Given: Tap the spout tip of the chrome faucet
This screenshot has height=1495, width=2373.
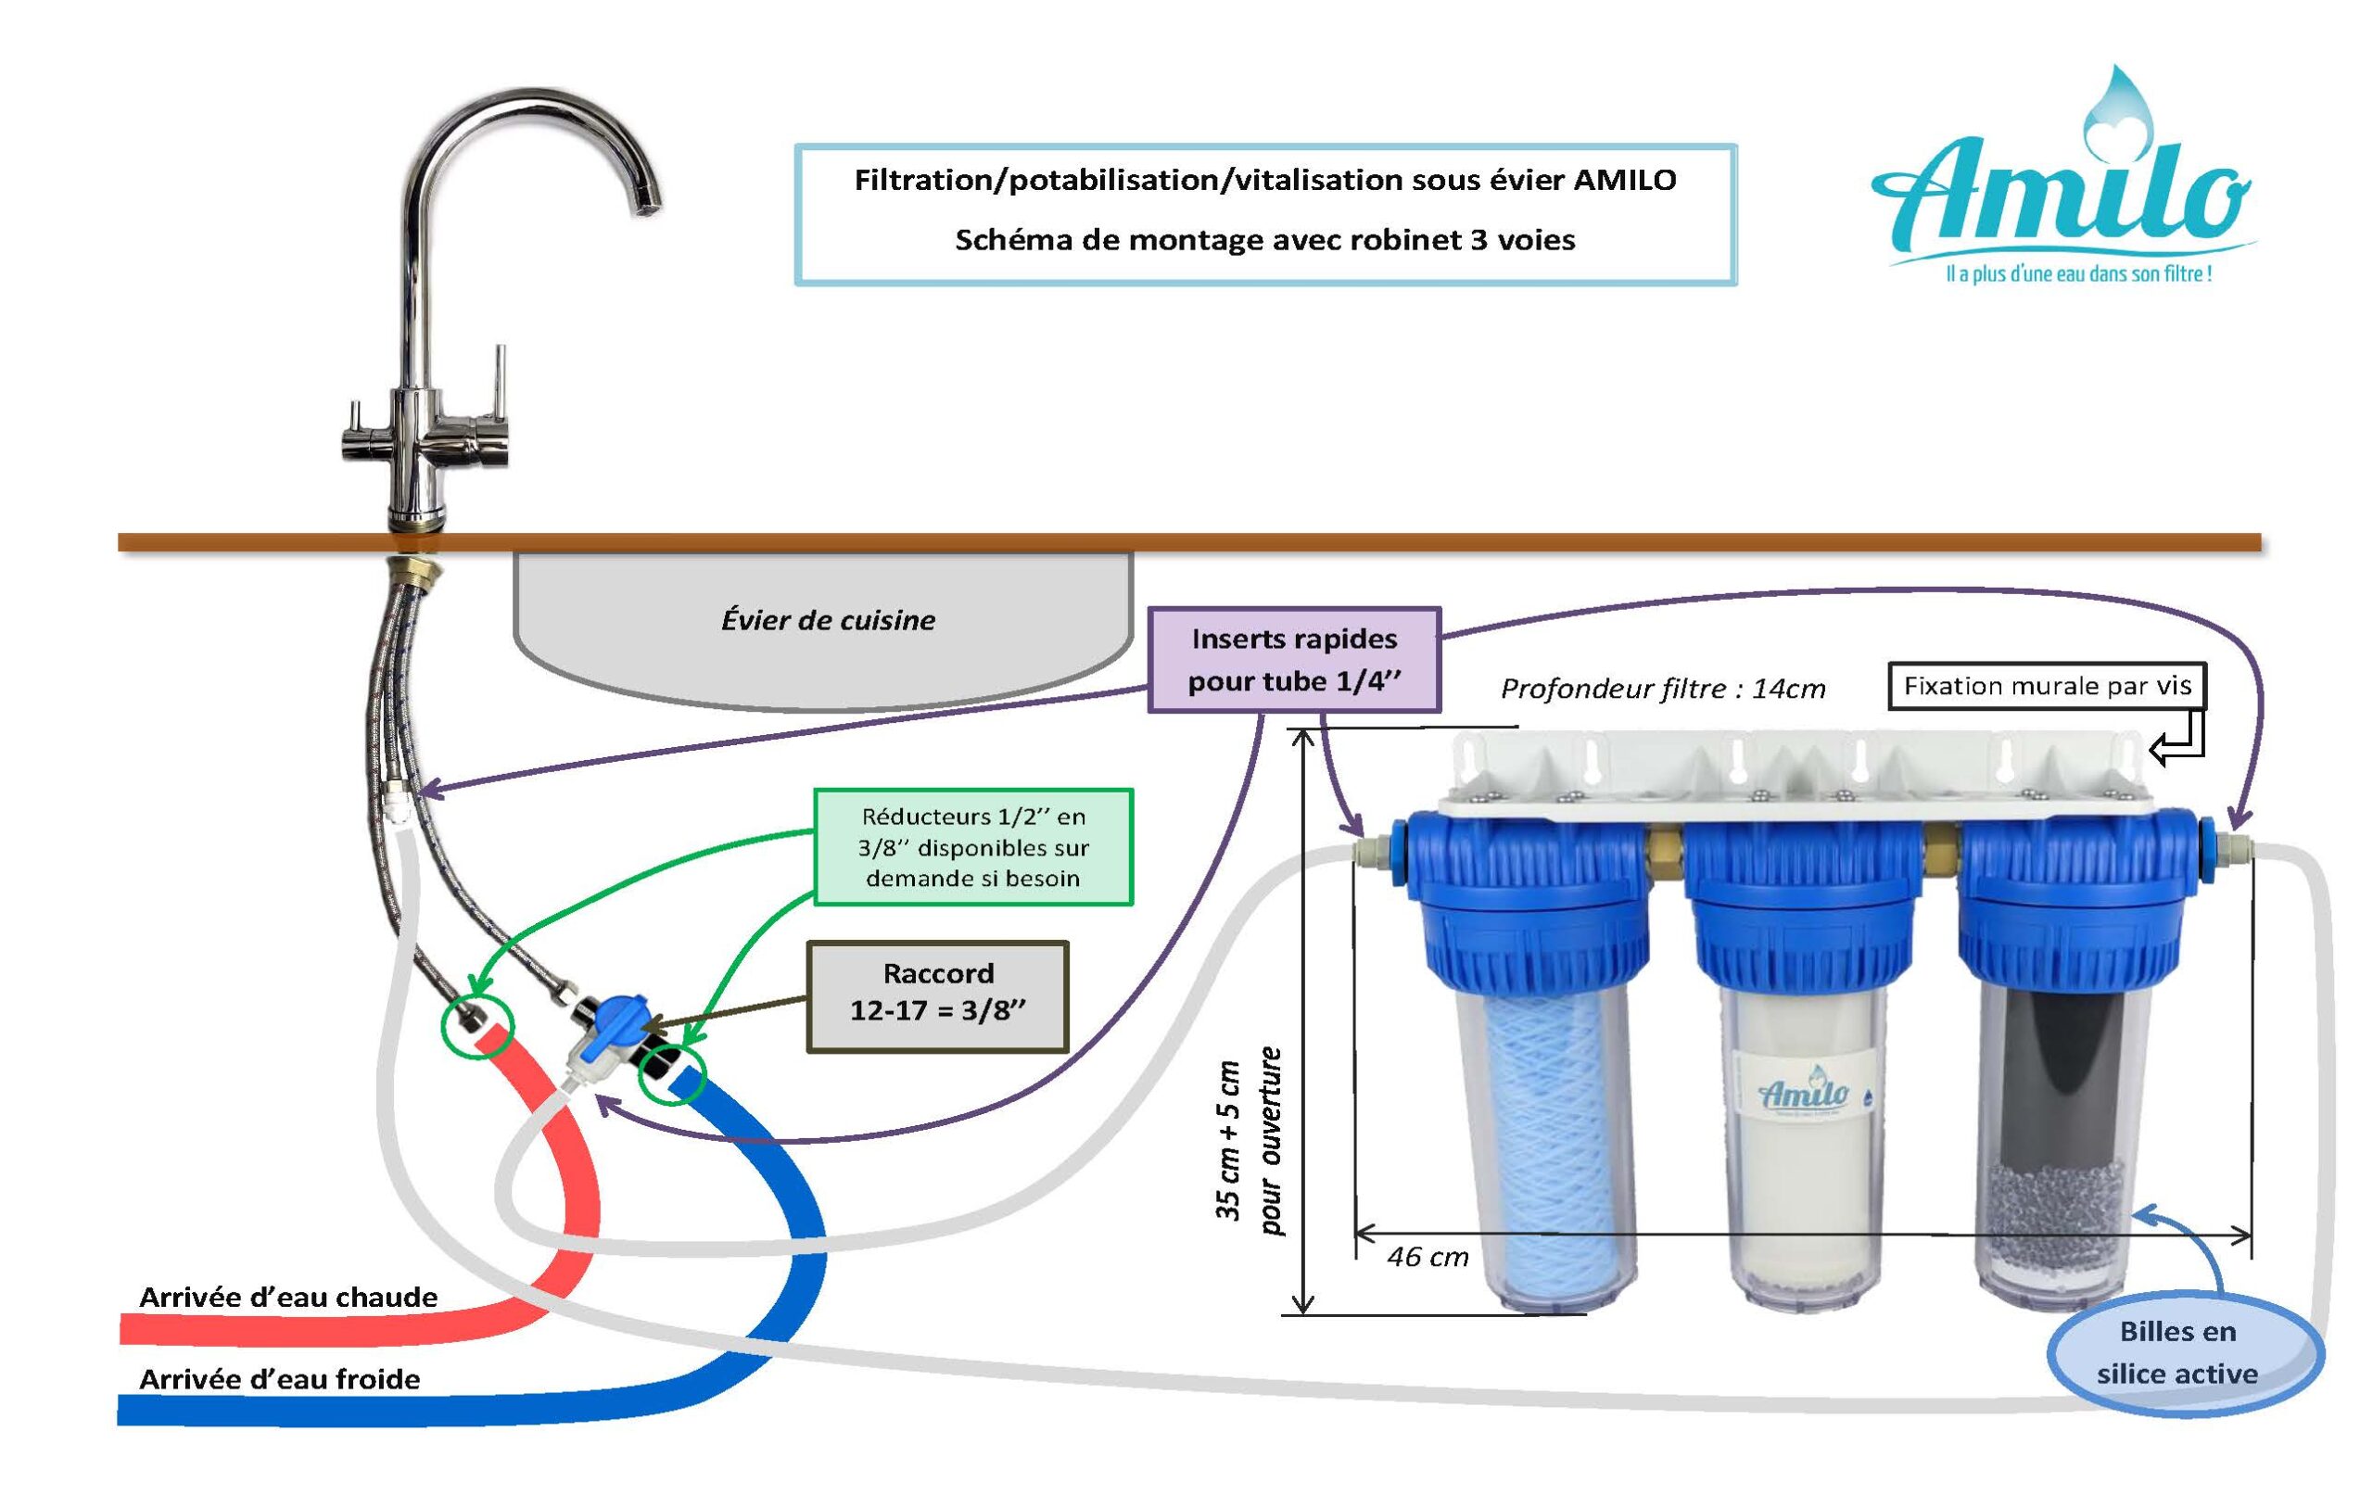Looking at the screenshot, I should pos(649,205).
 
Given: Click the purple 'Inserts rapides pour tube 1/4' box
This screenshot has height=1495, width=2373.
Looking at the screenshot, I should pos(1294,659).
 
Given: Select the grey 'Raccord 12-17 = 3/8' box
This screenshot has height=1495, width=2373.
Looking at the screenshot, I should pos(937,996).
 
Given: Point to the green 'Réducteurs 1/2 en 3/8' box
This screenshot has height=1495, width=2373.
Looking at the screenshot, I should pos(972,846).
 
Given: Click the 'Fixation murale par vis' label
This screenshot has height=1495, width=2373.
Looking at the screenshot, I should pos(2046,686).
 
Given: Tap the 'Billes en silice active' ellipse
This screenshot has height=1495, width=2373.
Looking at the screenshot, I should pos(2185,1352).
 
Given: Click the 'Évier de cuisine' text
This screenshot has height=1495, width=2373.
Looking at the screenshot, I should pos(828,620).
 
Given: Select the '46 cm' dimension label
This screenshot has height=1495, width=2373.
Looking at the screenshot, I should pos(1427,1258).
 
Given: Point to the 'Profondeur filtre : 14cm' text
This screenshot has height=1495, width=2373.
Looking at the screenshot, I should pos(1662,688).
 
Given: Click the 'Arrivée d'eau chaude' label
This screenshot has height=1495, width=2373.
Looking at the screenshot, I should pos(287,1297).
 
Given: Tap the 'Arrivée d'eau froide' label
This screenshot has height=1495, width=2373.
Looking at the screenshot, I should pos(279,1379).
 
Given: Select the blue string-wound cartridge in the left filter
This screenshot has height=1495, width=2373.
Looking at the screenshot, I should pos(1544,1143).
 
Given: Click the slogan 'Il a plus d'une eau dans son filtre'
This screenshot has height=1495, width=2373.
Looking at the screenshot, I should pos(2078,274).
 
